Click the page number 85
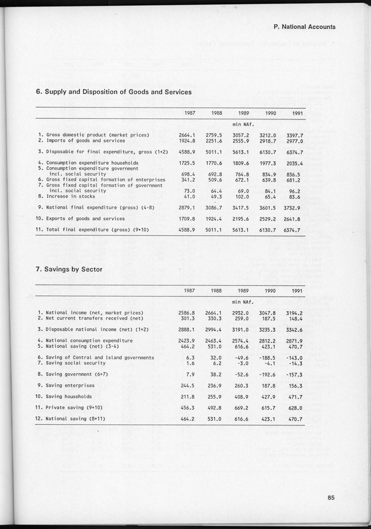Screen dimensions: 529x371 coord(332,498)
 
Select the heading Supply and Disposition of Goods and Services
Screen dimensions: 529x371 coord(114,92)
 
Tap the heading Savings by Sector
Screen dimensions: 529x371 coord(69,270)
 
